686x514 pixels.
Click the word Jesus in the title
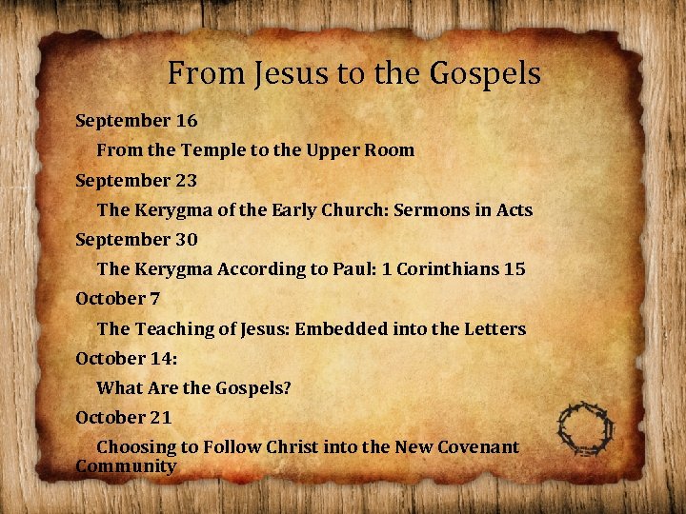(x=284, y=73)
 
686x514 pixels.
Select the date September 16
(x=136, y=121)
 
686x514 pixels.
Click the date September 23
(x=136, y=180)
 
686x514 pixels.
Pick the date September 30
(x=136, y=239)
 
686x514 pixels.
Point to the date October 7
(x=117, y=298)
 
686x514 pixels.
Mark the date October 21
(x=123, y=417)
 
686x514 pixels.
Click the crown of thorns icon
(x=586, y=427)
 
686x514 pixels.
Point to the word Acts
(x=514, y=209)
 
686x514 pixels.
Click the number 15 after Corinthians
(x=514, y=268)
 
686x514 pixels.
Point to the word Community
(x=126, y=466)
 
